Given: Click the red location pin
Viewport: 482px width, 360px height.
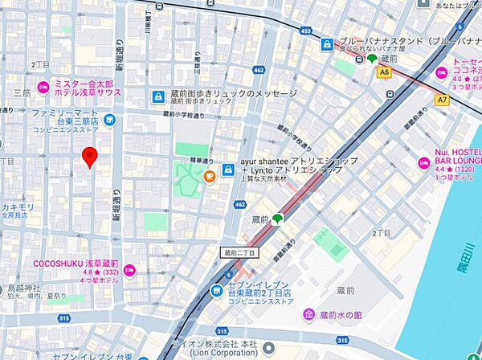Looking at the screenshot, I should (x=91, y=157).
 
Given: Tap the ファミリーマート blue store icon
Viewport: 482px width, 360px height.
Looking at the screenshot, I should (x=110, y=121).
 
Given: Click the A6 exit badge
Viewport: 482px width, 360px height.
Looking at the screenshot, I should (x=385, y=72).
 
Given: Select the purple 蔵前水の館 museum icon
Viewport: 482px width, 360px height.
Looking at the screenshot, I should (x=308, y=313).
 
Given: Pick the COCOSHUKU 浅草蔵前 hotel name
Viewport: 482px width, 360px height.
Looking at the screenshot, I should (x=75, y=263).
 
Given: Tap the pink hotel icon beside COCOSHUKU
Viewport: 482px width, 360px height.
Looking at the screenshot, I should (x=129, y=270).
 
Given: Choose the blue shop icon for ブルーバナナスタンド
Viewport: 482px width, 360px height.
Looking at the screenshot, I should (x=327, y=45).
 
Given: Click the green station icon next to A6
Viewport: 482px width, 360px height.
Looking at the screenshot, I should (x=372, y=58).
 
